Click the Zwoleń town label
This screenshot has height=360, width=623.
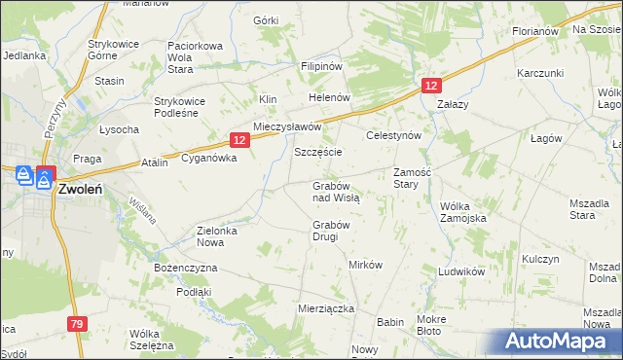(x=82, y=191)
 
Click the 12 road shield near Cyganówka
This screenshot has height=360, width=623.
(x=240, y=141)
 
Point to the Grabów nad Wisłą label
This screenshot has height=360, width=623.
(x=336, y=191)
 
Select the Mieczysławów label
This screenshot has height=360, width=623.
(x=287, y=127)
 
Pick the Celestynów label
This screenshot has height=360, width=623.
(x=392, y=136)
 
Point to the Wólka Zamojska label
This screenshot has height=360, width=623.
(x=462, y=212)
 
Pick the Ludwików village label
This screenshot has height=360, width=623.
(x=460, y=271)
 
